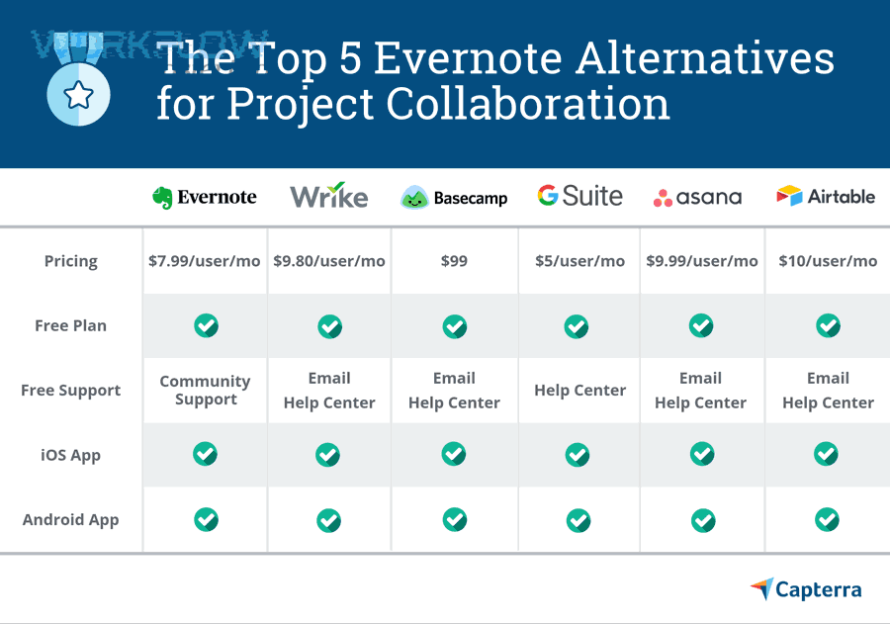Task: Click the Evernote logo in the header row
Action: (x=205, y=197)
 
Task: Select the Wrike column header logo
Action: (x=328, y=196)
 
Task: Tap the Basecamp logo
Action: (x=454, y=198)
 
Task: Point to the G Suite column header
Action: (x=579, y=196)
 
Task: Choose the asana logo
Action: (x=697, y=198)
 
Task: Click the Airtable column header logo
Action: (x=826, y=196)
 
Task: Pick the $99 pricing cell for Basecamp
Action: (x=454, y=261)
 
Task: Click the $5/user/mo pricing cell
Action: (x=579, y=261)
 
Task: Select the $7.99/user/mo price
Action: (x=205, y=261)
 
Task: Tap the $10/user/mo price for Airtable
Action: (x=828, y=261)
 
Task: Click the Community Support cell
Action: (x=206, y=390)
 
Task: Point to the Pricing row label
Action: (x=71, y=261)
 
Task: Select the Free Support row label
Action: (x=71, y=390)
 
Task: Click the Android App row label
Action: (x=71, y=519)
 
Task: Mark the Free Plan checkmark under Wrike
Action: (x=329, y=325)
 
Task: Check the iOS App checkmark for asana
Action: (x=702, y=454)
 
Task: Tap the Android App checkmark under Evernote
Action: (x=206, y=518)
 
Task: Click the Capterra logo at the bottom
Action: (x=806, y=589)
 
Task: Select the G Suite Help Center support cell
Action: (x=579, y=390)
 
